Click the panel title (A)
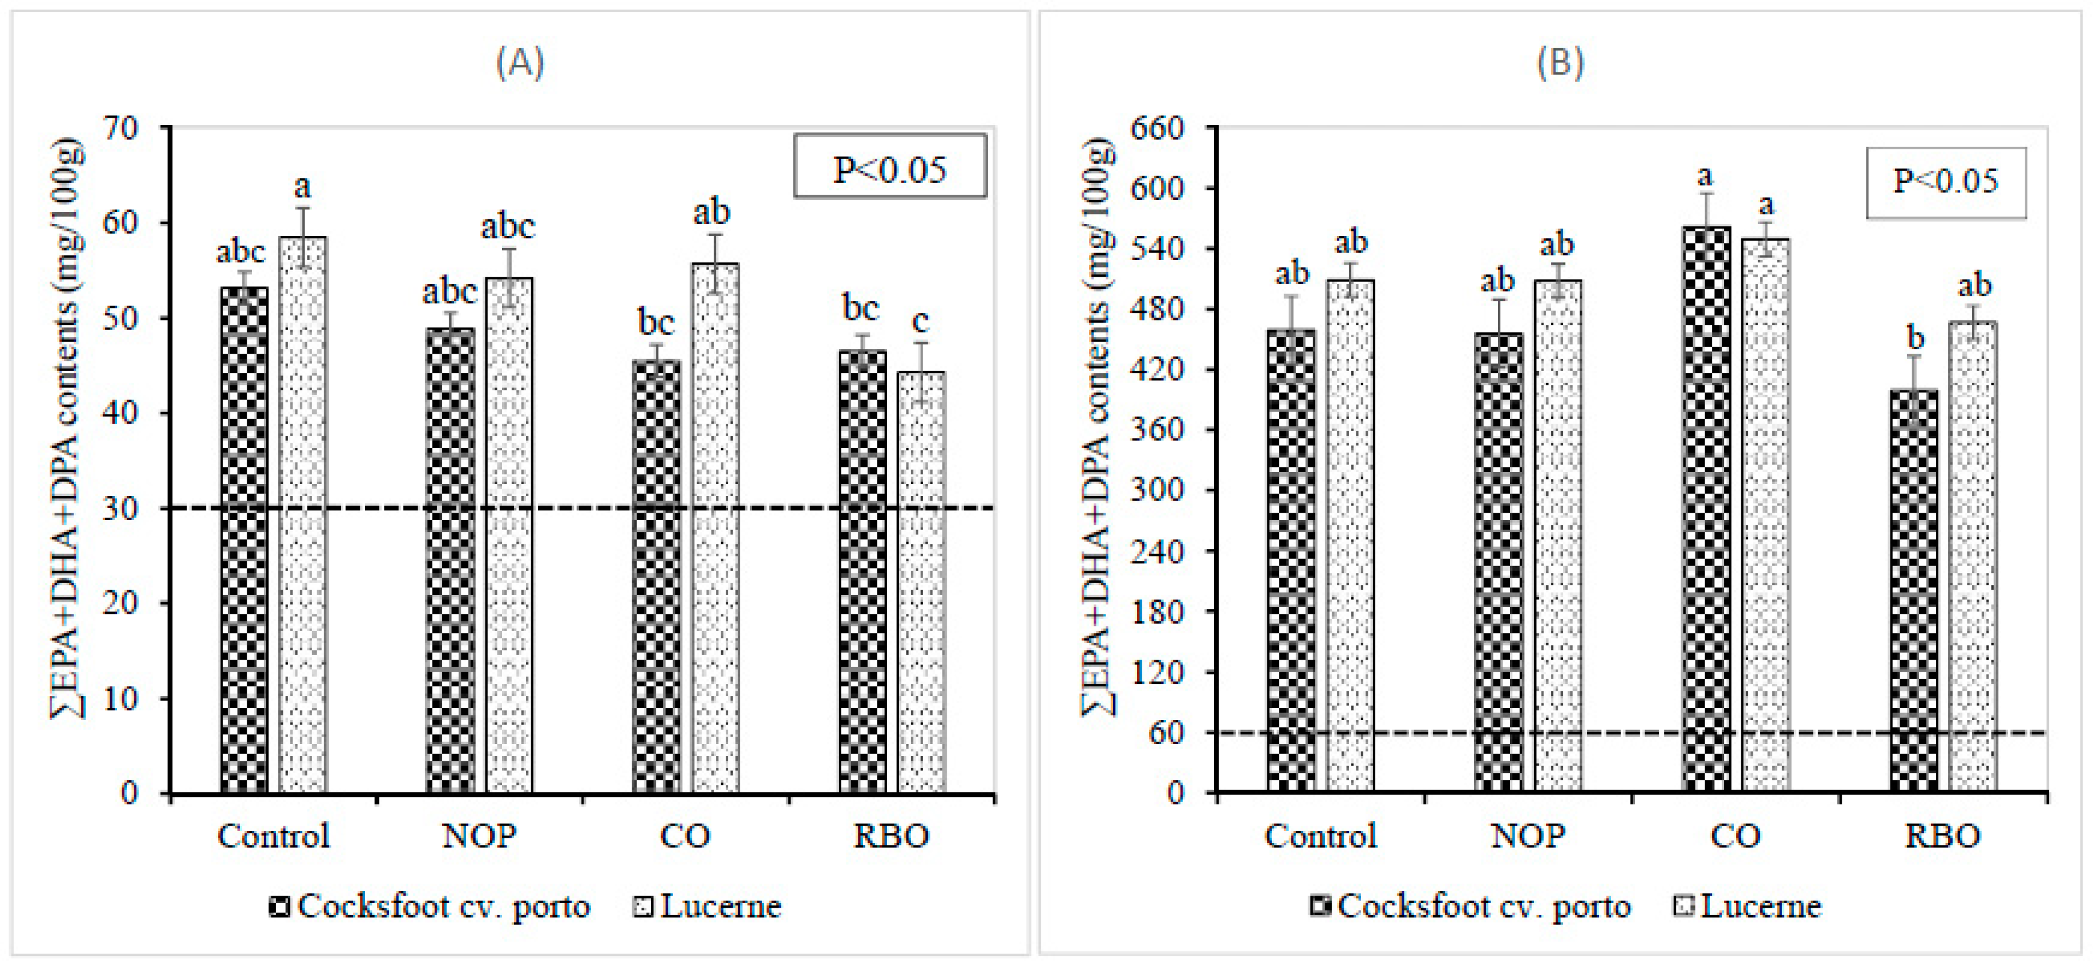(520, 62)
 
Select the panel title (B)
(1559, 62)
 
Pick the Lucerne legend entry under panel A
(707, 906)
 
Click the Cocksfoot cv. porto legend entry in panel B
(1470, 906)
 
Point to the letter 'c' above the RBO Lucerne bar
(920, 322)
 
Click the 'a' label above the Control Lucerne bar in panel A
(302, 187)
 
